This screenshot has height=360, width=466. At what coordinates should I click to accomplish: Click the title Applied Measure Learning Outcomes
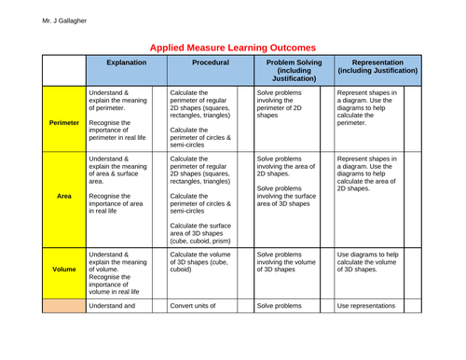tap(233, 47)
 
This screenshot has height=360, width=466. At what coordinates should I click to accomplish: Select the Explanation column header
tap(125, 67)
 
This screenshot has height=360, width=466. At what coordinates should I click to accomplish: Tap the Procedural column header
tap(210, 67)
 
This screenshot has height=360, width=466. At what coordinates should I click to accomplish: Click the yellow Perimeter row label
tap(63, 121)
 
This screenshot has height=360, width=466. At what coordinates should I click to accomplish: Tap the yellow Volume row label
tap(63, 269)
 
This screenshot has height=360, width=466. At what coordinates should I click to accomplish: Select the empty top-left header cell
tap(63, 67)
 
